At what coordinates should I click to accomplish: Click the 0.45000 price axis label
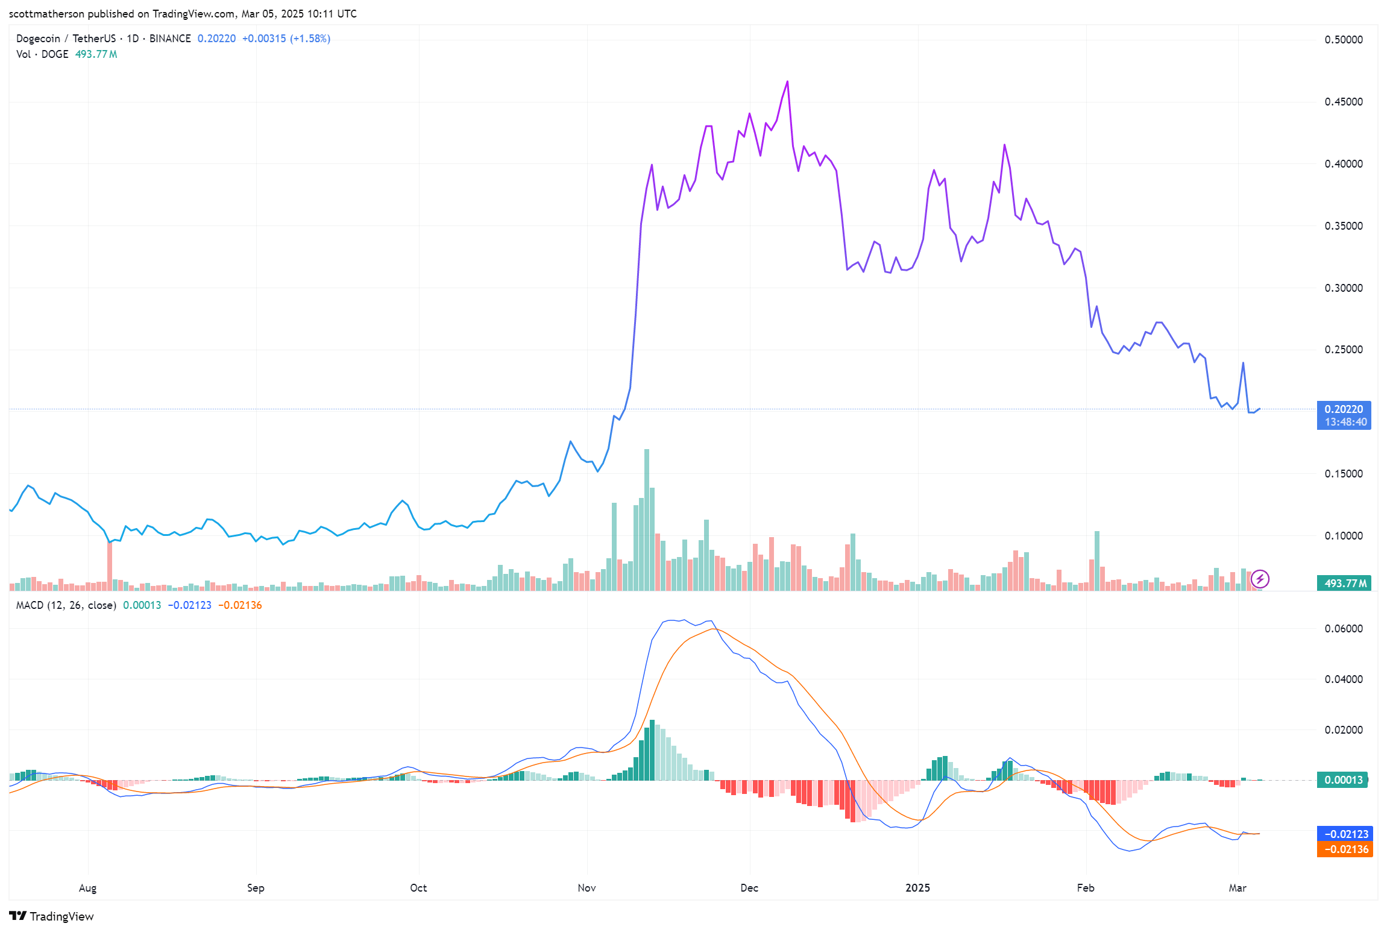(1343, 102)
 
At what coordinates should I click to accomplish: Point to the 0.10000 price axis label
(1343, 536)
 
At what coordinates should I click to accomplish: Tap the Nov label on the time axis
(587, 887)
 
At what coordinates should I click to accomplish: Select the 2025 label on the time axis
(917, 887)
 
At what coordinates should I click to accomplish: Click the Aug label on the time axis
(87, 888)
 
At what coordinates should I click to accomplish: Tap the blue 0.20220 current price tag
(1344, 415)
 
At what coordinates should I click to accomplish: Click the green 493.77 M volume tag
(1344, 583)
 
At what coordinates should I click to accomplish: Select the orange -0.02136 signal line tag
(1344, 849)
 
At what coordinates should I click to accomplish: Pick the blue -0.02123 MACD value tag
(1344, 834)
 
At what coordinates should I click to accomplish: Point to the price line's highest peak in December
(787, 81)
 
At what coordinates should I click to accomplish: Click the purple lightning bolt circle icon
(1260, 579)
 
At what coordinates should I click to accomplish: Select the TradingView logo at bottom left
(52, 916)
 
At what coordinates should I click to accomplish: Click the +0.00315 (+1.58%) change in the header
(286, 39)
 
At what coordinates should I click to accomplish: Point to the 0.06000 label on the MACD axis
(1343, 629)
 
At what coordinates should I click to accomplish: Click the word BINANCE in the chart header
(170, 39)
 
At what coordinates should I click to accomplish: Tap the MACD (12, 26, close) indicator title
(66, 605)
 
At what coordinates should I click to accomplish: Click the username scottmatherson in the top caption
(47, 13)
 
